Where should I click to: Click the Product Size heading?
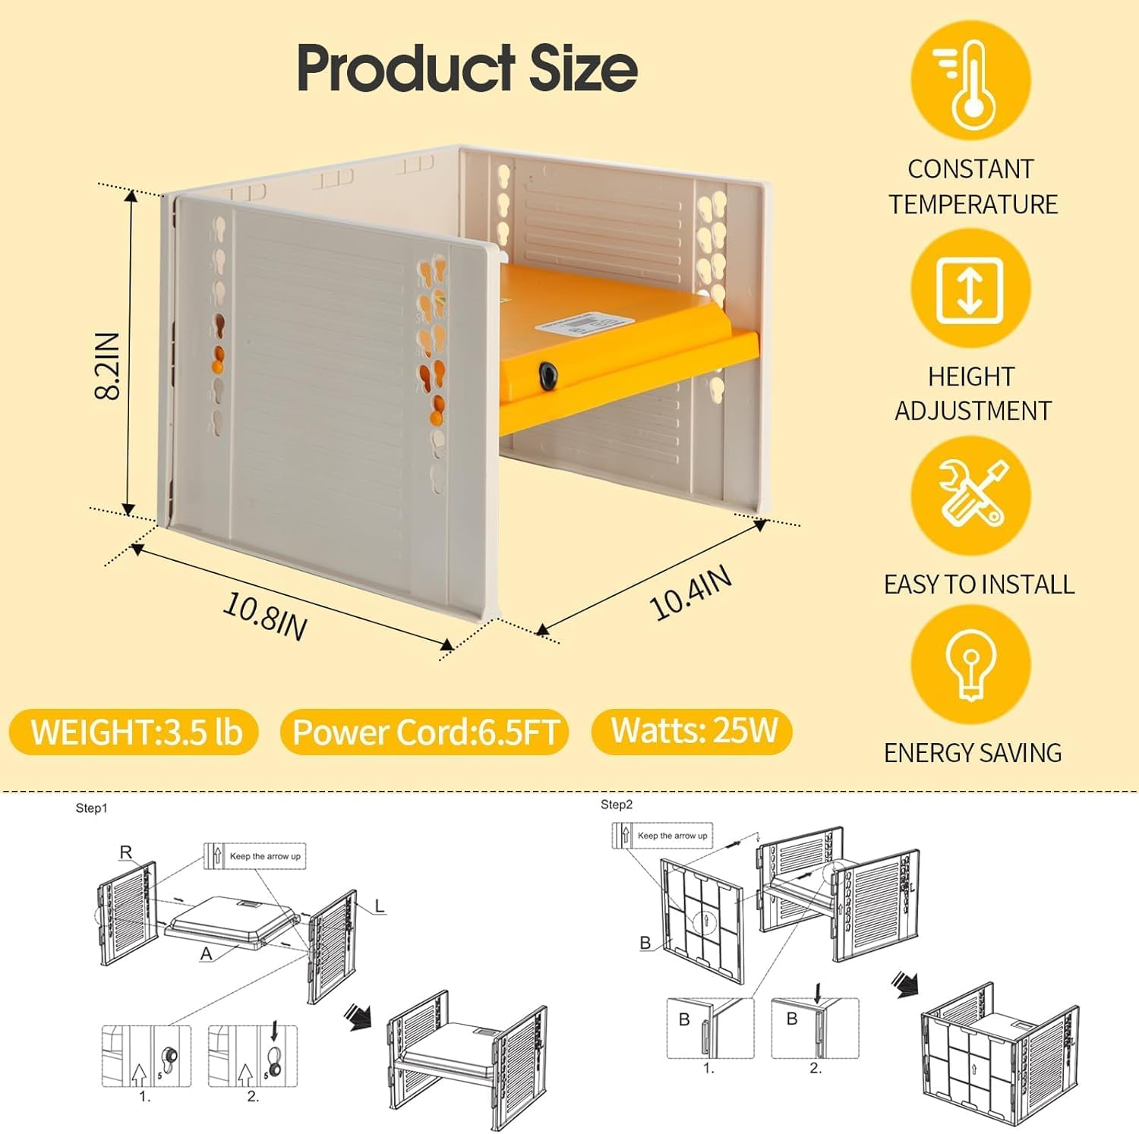coord(466,68)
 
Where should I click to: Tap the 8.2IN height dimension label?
coord(108,365)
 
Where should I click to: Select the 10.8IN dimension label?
coord(264,616)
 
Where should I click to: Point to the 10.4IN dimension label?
coord(691,593)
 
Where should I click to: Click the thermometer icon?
coord(970,80)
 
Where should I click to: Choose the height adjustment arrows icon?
coord(970,289)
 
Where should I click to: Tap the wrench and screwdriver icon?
coord(970,495)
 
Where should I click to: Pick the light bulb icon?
coord(970,664)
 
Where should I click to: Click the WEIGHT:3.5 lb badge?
coord(135,732)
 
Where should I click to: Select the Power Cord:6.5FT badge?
coord(425,732)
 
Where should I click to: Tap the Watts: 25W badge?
coord(693,730)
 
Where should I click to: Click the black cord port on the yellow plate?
coord(547,373)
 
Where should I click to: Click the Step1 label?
coord(91,808)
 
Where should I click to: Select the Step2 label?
coord(617,805)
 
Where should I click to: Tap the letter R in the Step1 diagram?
coord(126,852)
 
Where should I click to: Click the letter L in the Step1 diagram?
coord(380,906)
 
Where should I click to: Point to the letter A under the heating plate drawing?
coord(206,954)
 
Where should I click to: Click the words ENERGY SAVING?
coord(973,753)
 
